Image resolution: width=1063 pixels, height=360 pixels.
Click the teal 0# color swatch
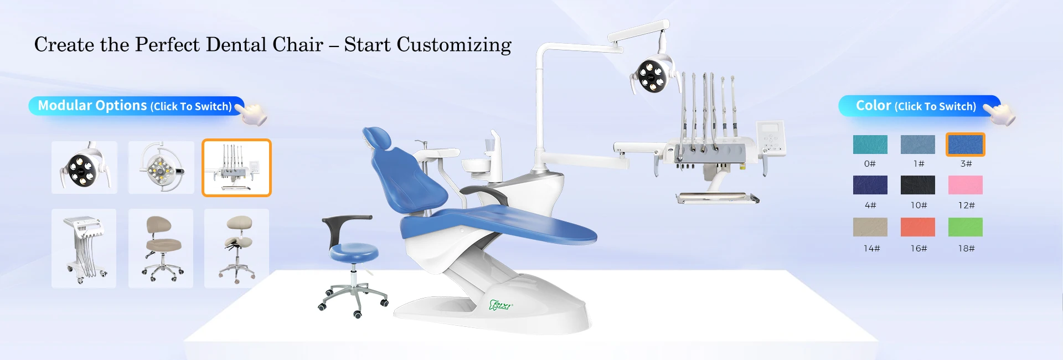tap(870, 145)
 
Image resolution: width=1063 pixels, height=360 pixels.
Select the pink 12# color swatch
tap(965, 185)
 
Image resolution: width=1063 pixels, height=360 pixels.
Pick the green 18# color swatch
tap(965, 227)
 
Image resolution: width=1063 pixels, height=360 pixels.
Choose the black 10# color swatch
tap(917, 185)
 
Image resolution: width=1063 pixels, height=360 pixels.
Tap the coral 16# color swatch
tap(917, 227)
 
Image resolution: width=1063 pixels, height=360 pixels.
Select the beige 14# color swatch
tap(870, 227)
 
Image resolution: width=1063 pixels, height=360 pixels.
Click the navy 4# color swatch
tap(870, 185)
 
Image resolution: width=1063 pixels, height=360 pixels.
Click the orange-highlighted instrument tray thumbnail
tap(236, 168)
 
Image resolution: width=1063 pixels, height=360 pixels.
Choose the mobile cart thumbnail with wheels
tap(84, 248)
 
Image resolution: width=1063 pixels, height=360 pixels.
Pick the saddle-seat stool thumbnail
tap(236, 248)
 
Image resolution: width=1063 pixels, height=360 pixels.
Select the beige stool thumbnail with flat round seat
tap(161, 248)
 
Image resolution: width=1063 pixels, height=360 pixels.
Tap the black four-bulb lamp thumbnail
tap(84, 167)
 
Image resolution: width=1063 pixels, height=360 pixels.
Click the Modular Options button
tap(136, 106)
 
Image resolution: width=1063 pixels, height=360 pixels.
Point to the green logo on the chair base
tap(501, 305)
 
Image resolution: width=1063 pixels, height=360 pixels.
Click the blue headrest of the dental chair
tap(377, 139)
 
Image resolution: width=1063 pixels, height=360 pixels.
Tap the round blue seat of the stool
tap(354, 252)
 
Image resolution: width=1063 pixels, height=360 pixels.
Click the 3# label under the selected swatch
tap(966, 163)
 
